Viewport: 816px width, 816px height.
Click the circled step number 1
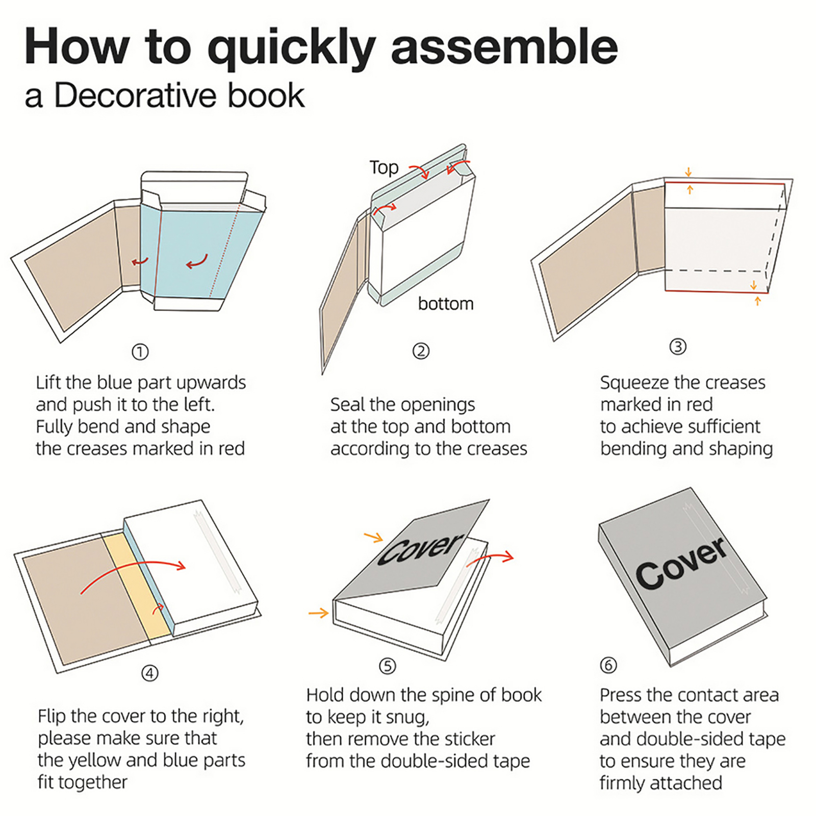coord(140,352)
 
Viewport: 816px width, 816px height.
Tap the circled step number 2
coord(421,351)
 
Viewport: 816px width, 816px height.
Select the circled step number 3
coord(677,347)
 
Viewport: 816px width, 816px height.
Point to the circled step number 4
coord(149,673)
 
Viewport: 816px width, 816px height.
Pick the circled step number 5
coord(387,666)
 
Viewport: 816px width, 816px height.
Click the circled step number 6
coord(608,665)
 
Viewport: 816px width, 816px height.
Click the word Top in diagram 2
coord(384,167)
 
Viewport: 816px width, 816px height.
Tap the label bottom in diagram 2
coord(445,304)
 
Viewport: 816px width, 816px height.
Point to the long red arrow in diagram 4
coord(133,571)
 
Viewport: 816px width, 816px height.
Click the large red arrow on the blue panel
coord(197,261)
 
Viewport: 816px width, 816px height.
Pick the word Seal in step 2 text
coord(348,404)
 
